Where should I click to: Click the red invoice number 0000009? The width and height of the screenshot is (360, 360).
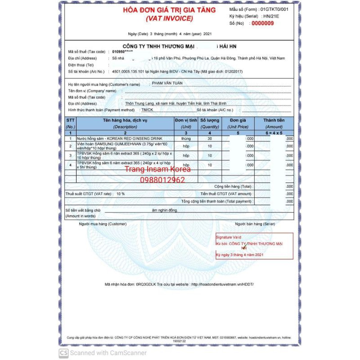click(262, 23)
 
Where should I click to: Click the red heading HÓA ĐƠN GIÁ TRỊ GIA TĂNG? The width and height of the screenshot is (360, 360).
click(169, 10)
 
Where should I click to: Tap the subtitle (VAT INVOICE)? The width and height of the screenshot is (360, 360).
click(169, 18)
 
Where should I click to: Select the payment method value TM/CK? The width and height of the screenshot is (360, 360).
click(147, 110)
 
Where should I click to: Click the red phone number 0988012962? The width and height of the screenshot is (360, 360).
click(156, 180)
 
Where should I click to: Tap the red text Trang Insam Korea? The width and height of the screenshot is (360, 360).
click(157, 170)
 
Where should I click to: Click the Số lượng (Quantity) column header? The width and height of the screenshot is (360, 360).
click(209, 123)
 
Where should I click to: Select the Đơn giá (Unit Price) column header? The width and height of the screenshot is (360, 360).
click(238, 123)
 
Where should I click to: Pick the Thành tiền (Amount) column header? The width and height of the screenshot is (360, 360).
click(274, 123)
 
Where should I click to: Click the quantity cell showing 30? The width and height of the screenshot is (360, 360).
click(210, 139)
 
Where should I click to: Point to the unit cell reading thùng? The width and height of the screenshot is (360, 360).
click(186, 139)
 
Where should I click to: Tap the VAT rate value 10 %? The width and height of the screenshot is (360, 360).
click(120, 193)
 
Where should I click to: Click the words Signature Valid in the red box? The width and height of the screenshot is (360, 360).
click(229, 237)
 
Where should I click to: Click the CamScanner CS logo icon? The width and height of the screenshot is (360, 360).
click(64, 353)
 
